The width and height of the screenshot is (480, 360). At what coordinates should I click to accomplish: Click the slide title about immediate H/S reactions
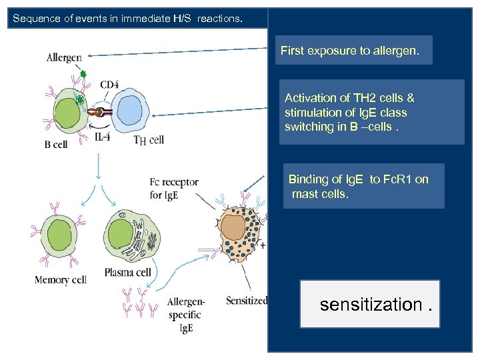coord(127,19)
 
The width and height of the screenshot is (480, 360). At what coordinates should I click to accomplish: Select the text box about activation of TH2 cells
coord(371,112)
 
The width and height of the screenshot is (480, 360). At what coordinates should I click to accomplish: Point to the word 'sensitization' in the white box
coord(370,305)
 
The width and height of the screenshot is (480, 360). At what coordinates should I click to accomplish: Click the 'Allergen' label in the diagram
coord(64,58)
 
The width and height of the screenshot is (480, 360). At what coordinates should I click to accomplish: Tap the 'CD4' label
coord(110,85)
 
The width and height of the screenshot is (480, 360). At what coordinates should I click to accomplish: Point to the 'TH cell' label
coord(149,139)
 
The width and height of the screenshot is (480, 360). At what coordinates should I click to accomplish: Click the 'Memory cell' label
coord(61,280)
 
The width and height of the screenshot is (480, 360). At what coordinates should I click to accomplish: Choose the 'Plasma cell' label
coord(127,272)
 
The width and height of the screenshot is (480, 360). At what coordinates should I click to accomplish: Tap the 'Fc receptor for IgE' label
coord(174,189)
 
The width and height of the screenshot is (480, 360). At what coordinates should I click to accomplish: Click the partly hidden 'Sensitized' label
coord(247,301)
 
